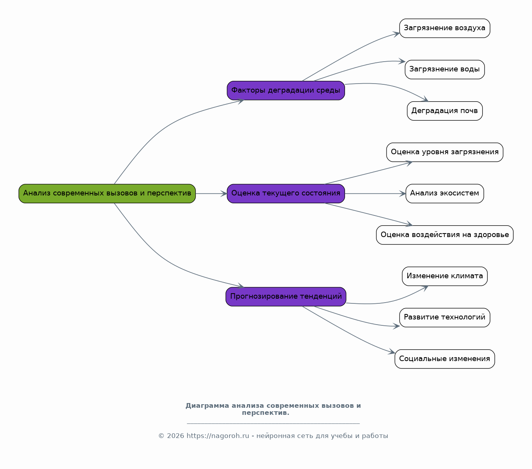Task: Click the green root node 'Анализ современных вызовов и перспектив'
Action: click(x=107, y=193)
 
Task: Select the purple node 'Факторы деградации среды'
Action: click(x=286, y=90)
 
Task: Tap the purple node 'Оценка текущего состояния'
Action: click(x=286, y=193)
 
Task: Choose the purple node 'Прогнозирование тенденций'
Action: click(x=286, y=297)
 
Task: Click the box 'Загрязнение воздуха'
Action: click(x=445, y=28)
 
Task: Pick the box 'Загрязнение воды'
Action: click(x=445, y=69)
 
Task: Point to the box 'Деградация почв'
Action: click(x=445, y=111)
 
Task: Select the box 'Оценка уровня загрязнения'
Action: click(x=445, y=152)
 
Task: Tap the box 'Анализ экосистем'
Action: click(x=445, y=193)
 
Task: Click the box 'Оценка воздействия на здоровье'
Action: click(x=445, y=235)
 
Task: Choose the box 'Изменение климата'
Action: click(x=445, y=276)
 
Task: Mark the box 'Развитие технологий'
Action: click(x=445, y=318)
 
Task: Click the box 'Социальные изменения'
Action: click(x=445, y=359)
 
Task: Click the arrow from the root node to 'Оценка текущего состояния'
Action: click(x=211, y=193)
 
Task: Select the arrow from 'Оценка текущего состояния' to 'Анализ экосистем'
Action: click(x=376, y=193)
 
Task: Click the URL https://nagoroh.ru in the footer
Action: click(x=218, y=436)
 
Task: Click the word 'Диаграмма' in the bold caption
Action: click(x=207, y=406)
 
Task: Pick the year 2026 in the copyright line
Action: click(x=175, y=436)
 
